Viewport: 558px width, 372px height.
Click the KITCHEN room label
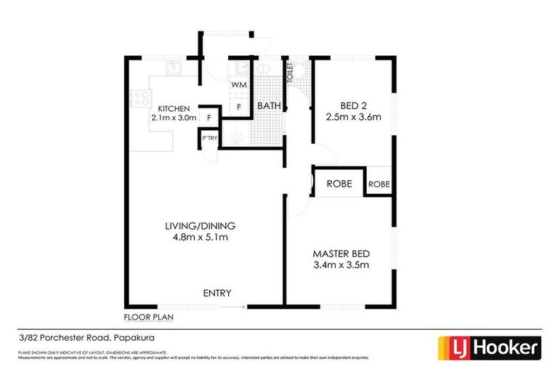pyautogui.click(x=174, y=108)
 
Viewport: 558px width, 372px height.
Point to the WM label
pyautogui.click(x=239, y=85)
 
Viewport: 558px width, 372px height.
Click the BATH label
pyautogui.click(x=269, y=106)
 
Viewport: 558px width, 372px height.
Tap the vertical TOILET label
pyautogui.click(x=289, y=73)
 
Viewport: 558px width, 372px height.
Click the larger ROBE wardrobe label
pyautogui.click(x=339, y=184)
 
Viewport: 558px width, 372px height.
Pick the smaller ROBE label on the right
pyautogui.click(x=379, y=185)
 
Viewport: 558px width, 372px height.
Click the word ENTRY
pyautogui.click(x=217, y=293)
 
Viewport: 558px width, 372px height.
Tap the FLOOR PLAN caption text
pyautogui.click(x=148, y=318)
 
